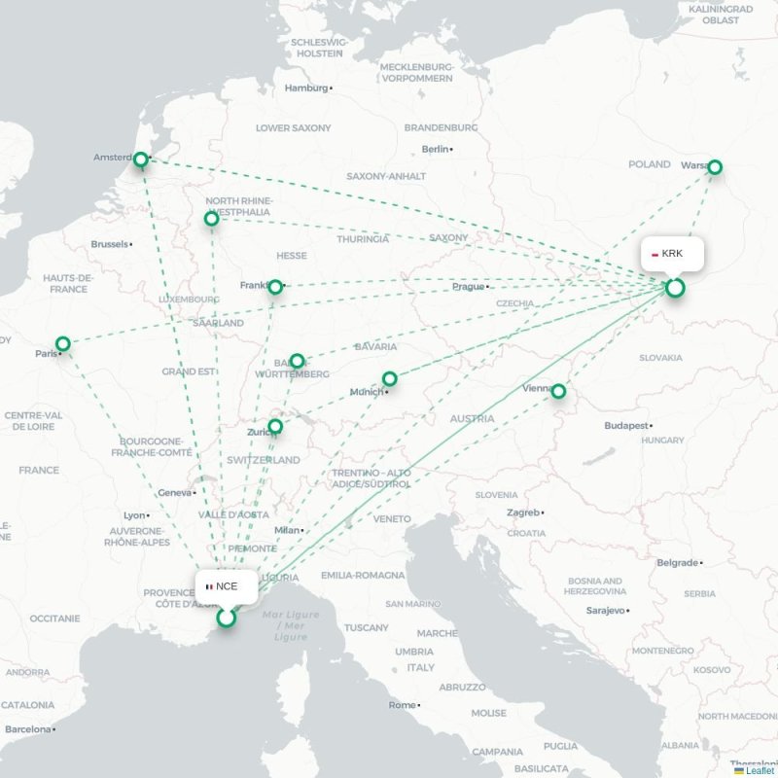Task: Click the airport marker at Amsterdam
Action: click(x=141, y=159)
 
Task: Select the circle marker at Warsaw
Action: click(x=715, y=167)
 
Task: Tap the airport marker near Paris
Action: click(x=63, y=343)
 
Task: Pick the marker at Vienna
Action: click(x=558, y=391)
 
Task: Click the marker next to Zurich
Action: click(x=275, y=426)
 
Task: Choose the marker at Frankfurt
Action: click(x=275, y=287)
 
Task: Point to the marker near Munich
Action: click(x=389, y=378)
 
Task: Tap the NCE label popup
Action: click(x=227, y=586)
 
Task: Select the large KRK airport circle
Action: click(x=675, y=288)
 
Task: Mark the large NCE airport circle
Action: click(x=227, y=618)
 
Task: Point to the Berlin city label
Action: click(x=436, y=149)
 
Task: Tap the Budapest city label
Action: click(x=625, y=426)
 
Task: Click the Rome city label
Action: click(x=402, y=705)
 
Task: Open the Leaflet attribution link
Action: click(x=760, y=771)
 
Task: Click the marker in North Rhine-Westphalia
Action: click(x=212, y=219)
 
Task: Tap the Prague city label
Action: click(x=468, y=287)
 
